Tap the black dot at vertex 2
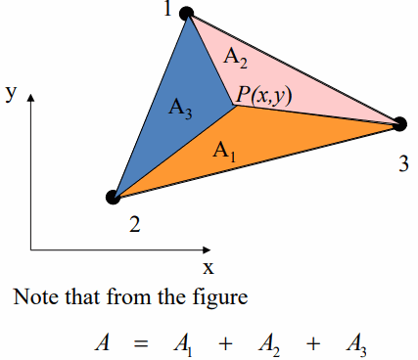[x=113, y=197]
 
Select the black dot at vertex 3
[x=399, y=123]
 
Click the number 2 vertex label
[x=134, y=226]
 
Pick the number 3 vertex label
[x=403, y=163]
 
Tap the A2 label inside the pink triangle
[x=237, y=59]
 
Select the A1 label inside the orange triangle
[x=226, y=151]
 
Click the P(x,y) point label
[x=263, y=94]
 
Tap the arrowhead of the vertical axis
[x=31, y=99]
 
